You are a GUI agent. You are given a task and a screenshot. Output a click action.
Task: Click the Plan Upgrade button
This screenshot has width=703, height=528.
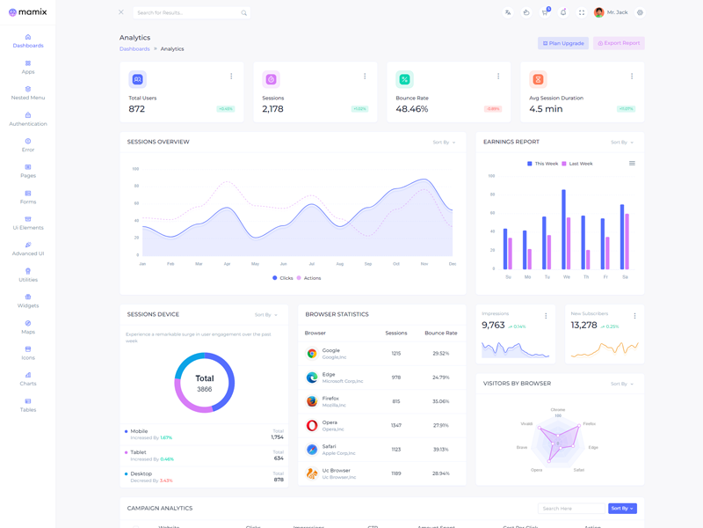click(x=563, y=43)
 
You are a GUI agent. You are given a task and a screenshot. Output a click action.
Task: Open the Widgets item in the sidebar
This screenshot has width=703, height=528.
click(x=28, y=301)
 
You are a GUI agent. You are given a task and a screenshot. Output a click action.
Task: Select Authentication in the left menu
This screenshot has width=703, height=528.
click(x=28, y=119)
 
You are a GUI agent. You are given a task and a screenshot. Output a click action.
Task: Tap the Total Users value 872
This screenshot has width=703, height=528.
click(x=137, y=109)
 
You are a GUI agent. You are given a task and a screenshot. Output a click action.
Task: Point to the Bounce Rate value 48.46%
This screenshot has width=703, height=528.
click(x=411, y=109)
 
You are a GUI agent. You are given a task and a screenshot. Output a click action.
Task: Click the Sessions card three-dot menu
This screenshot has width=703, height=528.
click(x=365, y=77)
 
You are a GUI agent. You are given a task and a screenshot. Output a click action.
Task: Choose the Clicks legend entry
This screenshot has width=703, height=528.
click(x=282, y=278)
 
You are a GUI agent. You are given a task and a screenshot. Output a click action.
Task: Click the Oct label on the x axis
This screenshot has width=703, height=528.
click(x=396, y=264)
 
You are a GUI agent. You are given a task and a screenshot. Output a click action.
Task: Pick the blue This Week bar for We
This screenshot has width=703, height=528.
click(x=563, y=229)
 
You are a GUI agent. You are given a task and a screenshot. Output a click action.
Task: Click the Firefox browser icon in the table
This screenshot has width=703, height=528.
click(x=312, y=401)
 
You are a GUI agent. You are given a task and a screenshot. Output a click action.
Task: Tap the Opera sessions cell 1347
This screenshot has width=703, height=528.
click(x=395, y=425)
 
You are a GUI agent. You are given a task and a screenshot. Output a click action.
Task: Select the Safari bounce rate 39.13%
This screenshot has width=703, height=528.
click(x=440, y=449)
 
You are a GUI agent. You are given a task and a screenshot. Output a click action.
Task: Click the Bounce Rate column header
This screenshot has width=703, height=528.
click(x=440, y=334)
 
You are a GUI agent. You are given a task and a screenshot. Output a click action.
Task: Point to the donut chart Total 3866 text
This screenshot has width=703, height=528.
click(x=204, y=383)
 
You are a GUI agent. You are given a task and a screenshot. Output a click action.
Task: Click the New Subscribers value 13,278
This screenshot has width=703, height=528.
click(x=583, y=326)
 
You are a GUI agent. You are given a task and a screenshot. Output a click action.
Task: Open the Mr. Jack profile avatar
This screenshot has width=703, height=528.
click(x=599, y=12)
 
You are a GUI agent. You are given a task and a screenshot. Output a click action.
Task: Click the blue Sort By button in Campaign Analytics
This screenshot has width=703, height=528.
click(x=622, y=509)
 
